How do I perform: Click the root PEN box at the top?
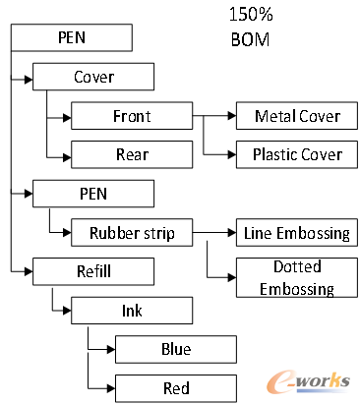tap(71, 39)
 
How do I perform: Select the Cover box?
tap(93, 77)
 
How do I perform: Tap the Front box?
tap(131, 116)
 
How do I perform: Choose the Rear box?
tap(131, 153)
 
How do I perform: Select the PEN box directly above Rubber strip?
tap(93, 193)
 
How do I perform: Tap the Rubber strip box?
tap(131, 233)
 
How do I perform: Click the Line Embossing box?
tap(296, 233)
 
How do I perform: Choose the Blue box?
tap(176, 348)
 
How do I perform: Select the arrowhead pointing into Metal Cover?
tap(230, 116)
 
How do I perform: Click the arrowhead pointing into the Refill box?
tap(29, 269)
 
